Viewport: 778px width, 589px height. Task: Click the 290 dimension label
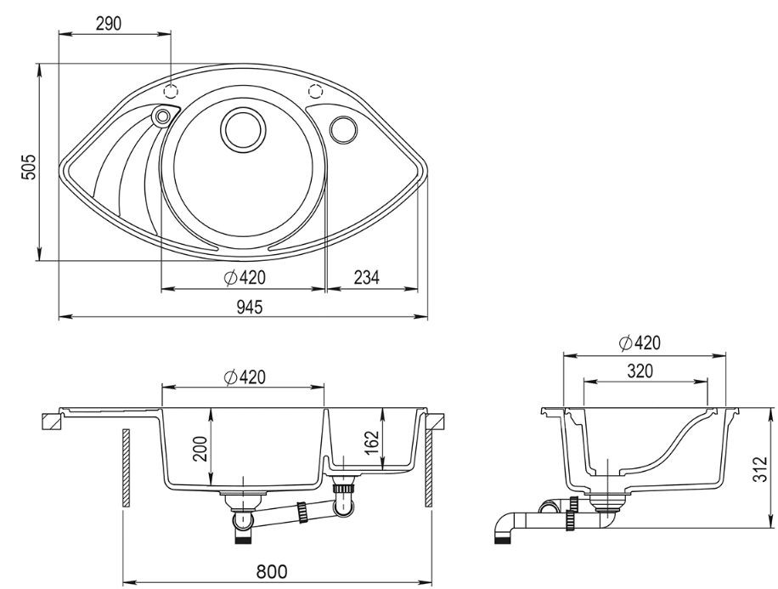[108, 23]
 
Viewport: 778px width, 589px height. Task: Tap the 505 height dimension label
[28, 167]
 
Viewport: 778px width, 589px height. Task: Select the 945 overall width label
[249, 308]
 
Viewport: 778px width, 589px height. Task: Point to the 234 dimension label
[366, 277]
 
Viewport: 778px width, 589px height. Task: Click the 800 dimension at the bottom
[272, 572]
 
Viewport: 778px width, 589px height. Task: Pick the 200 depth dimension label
[200, 449]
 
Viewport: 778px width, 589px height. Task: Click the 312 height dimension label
[759, 468]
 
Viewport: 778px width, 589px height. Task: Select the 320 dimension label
[640, 371]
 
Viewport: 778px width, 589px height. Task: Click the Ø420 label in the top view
[245, 277]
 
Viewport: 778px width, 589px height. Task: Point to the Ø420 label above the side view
[640, 343]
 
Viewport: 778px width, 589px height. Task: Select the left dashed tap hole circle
[170, 92]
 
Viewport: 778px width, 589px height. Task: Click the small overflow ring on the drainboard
[161, 117]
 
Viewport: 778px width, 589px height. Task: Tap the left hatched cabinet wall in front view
[126, 467]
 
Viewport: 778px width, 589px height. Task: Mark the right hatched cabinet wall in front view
[429, 468]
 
